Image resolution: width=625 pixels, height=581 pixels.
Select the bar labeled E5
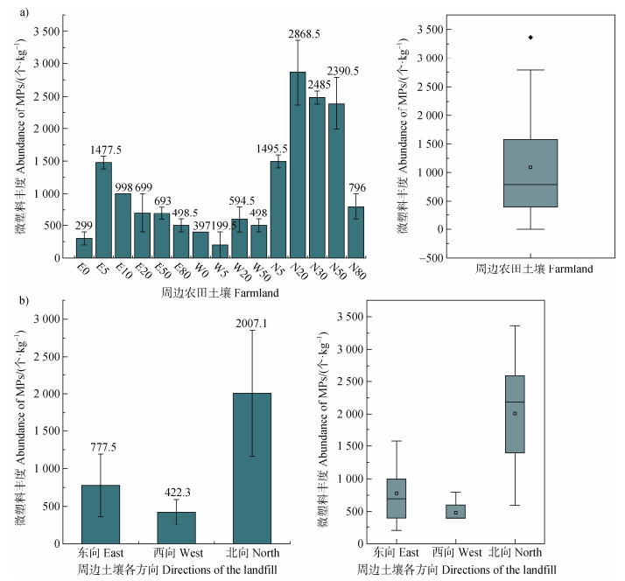pos(103,209)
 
